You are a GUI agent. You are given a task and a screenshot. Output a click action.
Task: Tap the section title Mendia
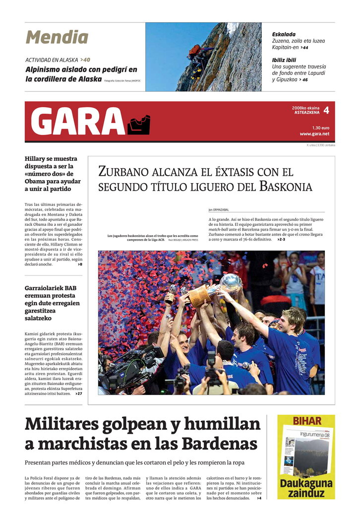(x=57, y=38)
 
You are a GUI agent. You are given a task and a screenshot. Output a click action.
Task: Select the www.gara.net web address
(x=314, y=134)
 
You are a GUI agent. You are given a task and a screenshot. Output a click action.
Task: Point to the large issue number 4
(x=326, y=110)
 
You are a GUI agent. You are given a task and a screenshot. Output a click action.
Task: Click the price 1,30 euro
(x=320, y=128)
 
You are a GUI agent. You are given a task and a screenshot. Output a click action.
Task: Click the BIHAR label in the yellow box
(x=306, y=421)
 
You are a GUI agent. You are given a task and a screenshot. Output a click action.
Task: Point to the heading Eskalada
(x=284, y=34)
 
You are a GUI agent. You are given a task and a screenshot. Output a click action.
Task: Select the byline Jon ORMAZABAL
(x=219, y=210)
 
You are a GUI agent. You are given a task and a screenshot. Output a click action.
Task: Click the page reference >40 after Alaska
(x=85, y=60)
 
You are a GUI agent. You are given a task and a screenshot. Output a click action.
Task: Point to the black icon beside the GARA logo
(x=138, y=125)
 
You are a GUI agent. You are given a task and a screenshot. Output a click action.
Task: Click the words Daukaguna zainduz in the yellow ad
(x=306, y=488)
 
